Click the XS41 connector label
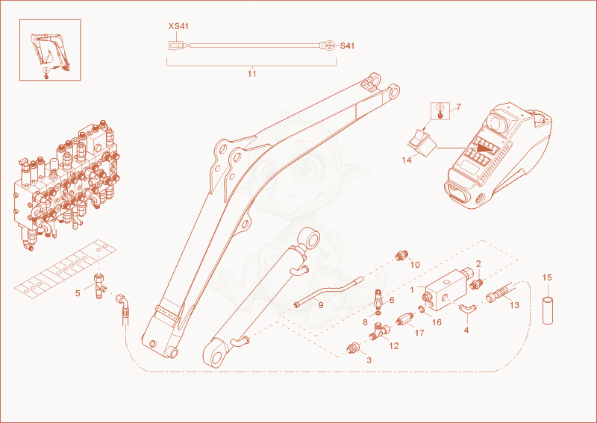[x=178, y=26]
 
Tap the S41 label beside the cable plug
[x=347, y=46]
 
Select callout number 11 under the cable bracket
[x=251, y=73]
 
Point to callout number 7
[x=458, y=107]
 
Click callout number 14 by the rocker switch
[x=407, y=160]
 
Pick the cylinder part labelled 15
[x=547, y=310]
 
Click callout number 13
[x=514, y=305]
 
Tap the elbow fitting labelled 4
[x=466, y=308]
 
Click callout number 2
[x=478, y=263]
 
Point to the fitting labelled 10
[x=400, y=255]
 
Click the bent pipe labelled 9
[x=328, y=292]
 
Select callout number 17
[x=419, y=333]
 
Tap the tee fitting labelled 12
[x=378, y=331]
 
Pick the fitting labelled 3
[x=352, y=348]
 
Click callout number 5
[x=78, y=293]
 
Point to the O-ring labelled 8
[x=378, y=313]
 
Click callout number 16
[x=437, y=322]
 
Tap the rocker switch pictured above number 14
[x=422, y=142]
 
